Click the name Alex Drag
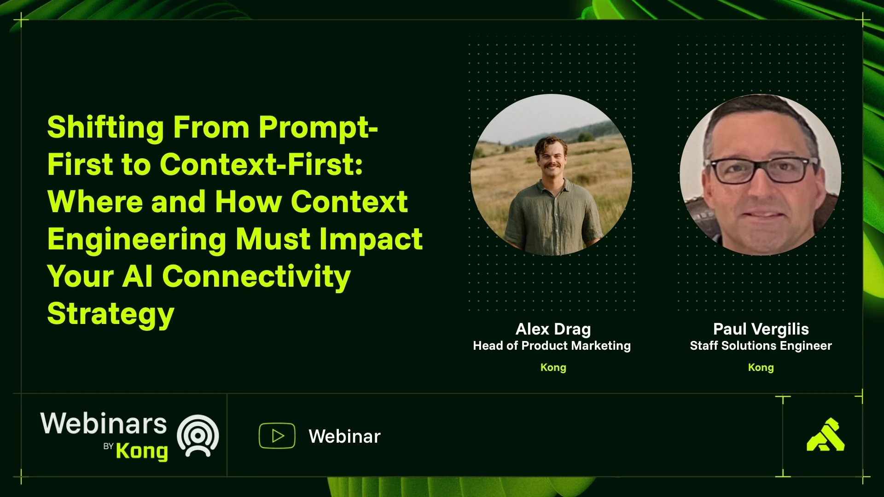(x=553, y=329)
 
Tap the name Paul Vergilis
(x=761, y=329)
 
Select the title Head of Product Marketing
(x=552, y=346)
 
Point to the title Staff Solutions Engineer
(x=761, y=346)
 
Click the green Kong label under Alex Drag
(x=553, y=367)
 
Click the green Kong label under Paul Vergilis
(x=761, y=367)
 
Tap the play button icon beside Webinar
(x=277, y=435)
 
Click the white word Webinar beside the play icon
(x=344, y=436)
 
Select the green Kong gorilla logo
(x=826, y=434)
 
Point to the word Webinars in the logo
(x=104, y=423)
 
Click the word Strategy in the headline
(x=110, y=314)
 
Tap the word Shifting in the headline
(x=105, y=127)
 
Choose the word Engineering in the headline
(x=137, y=239)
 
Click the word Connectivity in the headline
(x=256, y=277)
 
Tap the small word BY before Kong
(x=108, y=446)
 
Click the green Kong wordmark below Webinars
(x=142, y=451)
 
